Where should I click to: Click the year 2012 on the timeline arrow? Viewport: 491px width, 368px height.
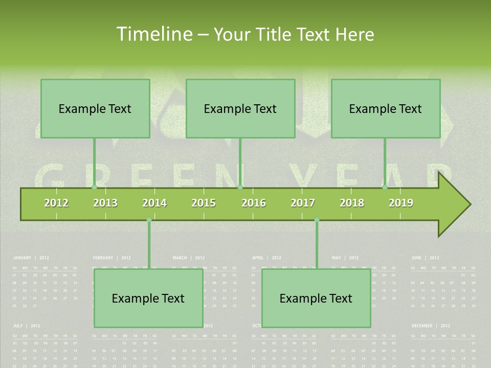pos(56,203)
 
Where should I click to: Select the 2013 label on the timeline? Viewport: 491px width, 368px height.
pos(105,203)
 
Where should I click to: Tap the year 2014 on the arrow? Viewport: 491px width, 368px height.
pos(154,203)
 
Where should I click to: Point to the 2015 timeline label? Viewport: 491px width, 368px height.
pos(204,203)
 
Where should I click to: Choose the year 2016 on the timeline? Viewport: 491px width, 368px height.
pos(254,203)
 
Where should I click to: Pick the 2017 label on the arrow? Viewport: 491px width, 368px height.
pos(303,203)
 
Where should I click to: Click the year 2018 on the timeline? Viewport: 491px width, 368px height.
pos(352,203)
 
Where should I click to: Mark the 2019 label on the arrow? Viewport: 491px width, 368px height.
pos(401,203)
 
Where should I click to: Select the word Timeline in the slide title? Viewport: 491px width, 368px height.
pos(153,34)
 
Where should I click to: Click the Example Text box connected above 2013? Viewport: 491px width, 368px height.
pos(95,108)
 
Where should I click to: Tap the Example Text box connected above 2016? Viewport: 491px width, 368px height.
pos(240,108)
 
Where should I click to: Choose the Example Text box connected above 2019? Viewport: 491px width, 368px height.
pos(386,108)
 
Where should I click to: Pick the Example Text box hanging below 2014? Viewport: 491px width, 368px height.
pos(148,298)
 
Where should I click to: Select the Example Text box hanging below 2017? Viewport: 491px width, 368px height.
pos(316,298)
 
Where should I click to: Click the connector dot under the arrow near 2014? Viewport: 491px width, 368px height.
pos(149,220)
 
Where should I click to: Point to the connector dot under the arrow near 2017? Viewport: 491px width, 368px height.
pos(317,220)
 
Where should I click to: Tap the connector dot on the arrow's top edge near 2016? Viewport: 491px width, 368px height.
pos(240,187)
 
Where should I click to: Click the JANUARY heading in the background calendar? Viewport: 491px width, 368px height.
pos(22,258)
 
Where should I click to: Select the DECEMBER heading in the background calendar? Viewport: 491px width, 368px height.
pos(422,326)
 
